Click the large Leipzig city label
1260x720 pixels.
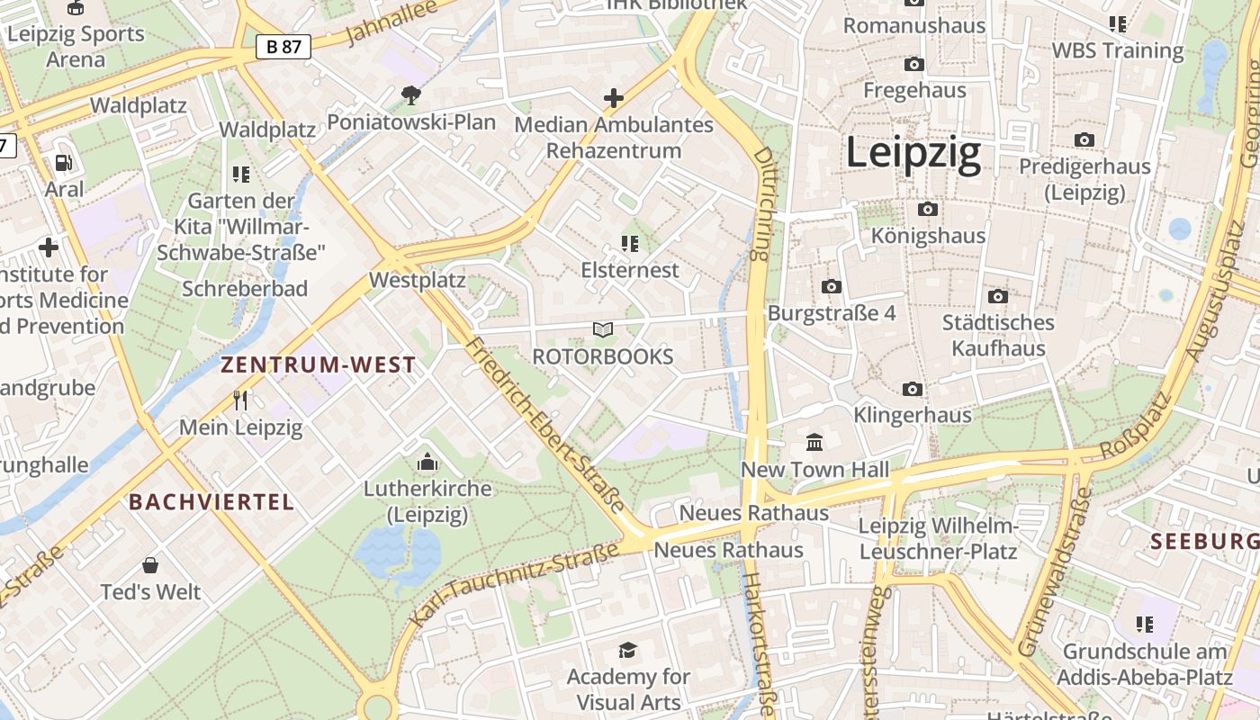pos(913,154)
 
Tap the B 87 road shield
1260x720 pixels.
pos(283,47)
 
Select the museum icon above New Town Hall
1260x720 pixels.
pos(815,442)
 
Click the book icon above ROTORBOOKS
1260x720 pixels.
pos(603,330)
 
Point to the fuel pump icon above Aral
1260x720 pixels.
pos(64,163)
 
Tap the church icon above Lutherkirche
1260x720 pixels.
pos(427,463)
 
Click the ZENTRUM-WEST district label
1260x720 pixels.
pos(319,365)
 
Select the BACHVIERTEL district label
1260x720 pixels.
pos(211,502)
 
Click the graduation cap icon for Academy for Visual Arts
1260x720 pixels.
pos(627,650)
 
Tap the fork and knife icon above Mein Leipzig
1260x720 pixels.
pos(240,400)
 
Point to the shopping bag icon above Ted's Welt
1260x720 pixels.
pos(150,565)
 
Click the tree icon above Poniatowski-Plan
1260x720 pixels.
pos(411,94)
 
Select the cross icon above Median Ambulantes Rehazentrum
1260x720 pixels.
pos(614,98)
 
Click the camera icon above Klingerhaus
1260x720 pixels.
pos(913,389)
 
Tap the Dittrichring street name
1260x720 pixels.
pos(762,204)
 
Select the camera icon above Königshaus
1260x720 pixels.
pos(928,210)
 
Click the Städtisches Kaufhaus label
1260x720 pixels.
pos(998,335)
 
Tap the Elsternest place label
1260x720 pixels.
pos(630,270)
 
